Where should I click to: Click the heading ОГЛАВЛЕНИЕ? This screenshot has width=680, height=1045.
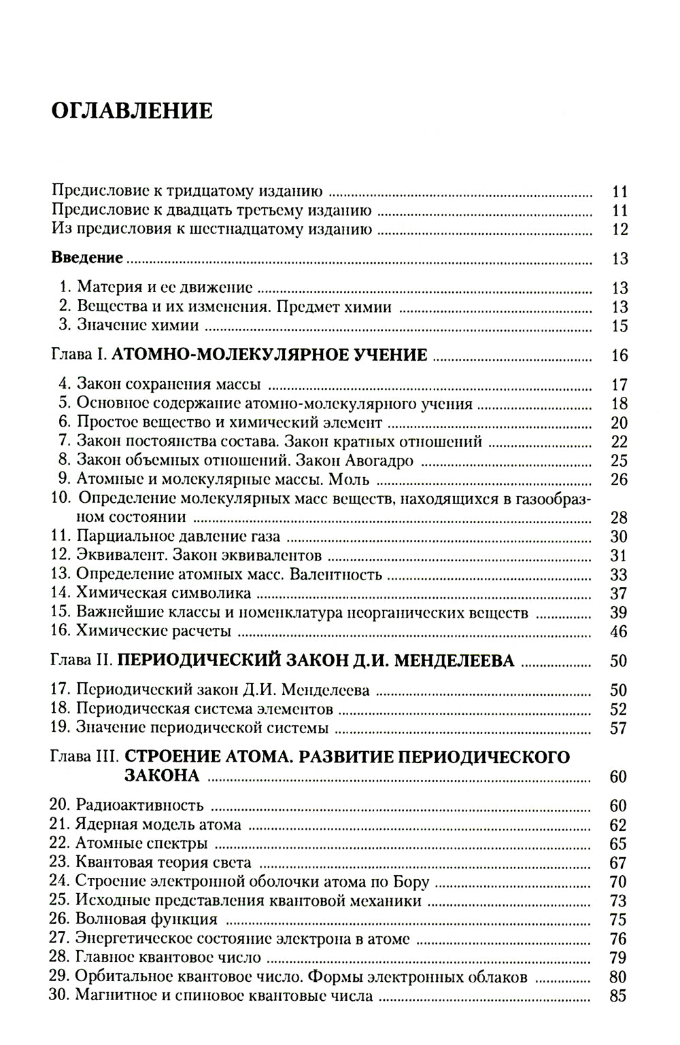click(x=132, y=111)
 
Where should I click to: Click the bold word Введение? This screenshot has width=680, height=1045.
click(x=87, y=258)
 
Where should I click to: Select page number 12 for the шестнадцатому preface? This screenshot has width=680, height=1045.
click(x=619, y=230)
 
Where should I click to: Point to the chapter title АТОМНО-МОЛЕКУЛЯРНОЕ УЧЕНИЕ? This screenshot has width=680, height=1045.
click(x=269, y=355)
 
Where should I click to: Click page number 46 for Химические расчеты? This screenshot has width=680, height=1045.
click(x=619, y=631)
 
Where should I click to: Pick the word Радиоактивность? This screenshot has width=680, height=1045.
click(x=140, y=806)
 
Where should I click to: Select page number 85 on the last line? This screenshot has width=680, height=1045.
click(x=619, y=997)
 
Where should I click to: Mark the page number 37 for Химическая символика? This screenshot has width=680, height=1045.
click(x=619, y=593)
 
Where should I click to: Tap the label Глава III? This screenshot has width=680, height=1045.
click(x=84, y=756)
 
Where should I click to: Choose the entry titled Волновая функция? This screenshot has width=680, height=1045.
click(x=147, y=920)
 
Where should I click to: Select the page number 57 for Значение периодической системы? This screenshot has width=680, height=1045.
click(x=619, y=728)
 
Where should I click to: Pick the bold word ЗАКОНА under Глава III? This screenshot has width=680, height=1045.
click(x=162, y=776)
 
